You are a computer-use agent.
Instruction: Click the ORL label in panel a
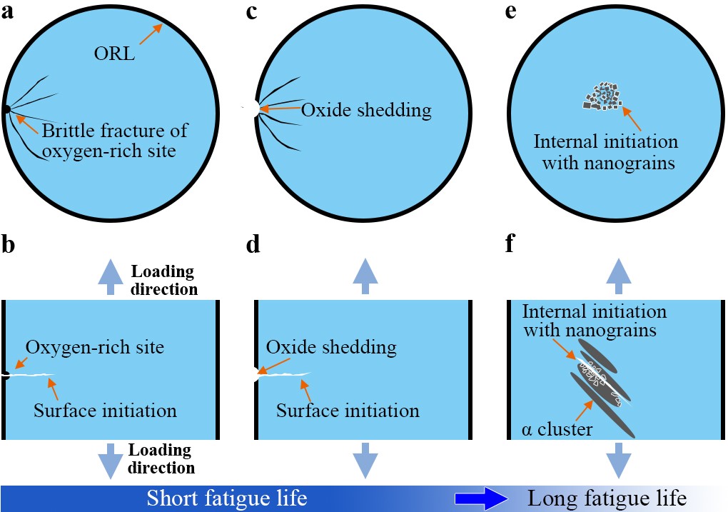pyautogui.click(x=115, y=54)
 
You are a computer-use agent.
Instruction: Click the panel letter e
pyautogui.click(x=511, y=12)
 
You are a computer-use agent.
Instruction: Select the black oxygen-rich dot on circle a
pyautogui.click(x=6, y=109)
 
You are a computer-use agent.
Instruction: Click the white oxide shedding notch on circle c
pyautogui.click(x=251, y=109)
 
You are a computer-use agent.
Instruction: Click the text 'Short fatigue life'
pyautogui.click(x=227, y=498)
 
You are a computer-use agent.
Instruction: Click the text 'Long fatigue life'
pyautogui.click(x=607, y=498)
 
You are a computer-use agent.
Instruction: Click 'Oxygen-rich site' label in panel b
pyautogui.click(x=95, y=348)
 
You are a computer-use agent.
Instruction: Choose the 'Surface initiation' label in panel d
pyautogui.click(x=348, y=411)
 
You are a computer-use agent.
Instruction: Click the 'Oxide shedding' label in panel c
pyautogui.click(x=366, y=110)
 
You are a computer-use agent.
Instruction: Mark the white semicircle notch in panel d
pyautogui.click(x=254, y=373)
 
